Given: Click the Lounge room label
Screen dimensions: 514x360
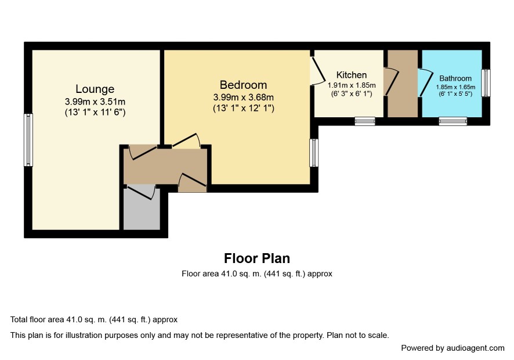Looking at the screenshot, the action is pos(95,89).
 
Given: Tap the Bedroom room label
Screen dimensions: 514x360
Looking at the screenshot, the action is pos(243,85).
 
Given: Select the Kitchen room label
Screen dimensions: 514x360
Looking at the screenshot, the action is pos(352,75).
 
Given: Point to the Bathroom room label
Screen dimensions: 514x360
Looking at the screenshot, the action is pos(455,78).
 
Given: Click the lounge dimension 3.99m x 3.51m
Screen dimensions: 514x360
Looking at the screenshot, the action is pos(95,102).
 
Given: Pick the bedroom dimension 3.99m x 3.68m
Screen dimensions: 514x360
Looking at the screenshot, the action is pos(243,98).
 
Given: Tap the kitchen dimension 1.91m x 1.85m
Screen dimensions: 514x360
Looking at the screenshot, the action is pos(352,85).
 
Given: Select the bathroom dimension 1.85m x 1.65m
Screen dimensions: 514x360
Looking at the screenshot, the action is pos(455,87).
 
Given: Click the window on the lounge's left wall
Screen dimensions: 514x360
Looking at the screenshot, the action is pos(28,140).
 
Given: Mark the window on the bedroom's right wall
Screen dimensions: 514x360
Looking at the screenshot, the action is pos(314,153).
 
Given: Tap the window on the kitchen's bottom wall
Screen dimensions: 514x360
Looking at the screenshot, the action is pos(365,121).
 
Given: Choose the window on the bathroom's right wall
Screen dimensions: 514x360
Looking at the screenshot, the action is pos(486,83).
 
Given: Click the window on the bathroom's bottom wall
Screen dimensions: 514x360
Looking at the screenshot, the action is pos(453,121).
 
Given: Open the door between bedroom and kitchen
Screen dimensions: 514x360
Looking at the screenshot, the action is pos(318,71).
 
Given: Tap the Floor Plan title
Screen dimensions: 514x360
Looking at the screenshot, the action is pos(257,258).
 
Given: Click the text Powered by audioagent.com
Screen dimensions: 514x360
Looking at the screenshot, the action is pos(453,348).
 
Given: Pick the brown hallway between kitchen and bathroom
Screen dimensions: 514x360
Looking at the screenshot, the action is pos(403,84).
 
